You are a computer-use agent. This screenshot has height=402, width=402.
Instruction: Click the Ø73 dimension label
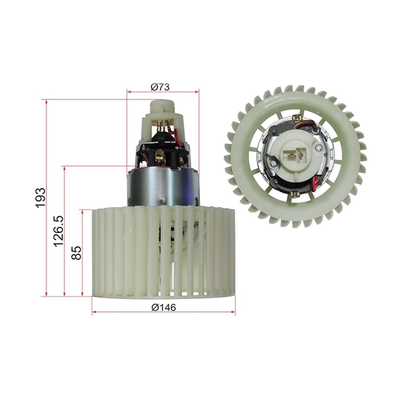point(160,87)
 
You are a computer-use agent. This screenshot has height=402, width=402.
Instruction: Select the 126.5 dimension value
point(58,231)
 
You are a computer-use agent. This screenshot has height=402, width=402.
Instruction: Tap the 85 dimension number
point(76,253)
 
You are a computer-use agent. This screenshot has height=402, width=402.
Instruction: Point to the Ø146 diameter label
point(163,308)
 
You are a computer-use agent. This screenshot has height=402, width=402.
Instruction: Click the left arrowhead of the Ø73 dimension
point(129,92)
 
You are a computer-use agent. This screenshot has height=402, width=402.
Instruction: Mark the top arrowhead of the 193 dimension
point(47,102)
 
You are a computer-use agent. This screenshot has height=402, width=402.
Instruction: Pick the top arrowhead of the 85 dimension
point(83,212)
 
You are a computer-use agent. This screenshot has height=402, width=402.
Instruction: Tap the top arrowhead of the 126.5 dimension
point(65,169)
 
